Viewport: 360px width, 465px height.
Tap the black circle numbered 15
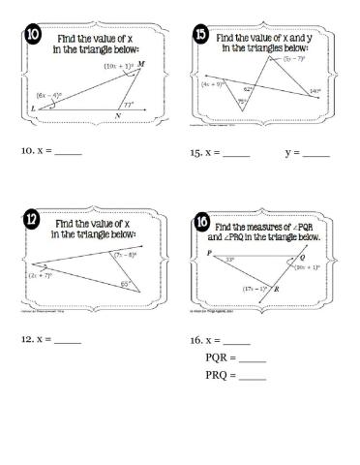pyautogui.click(x=200, y=39)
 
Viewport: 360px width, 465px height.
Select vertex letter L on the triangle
pyautogui.click(x=34, y=109)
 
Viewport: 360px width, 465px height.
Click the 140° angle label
pyautogui.click(x=315, y=92)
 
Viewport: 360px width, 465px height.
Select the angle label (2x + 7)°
pyautogui.click(x=42, y=275)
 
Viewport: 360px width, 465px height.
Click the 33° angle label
pyautogui.click(x=229, y=259)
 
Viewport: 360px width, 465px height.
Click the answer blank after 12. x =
pyautogui.click(x=68, y=341)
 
